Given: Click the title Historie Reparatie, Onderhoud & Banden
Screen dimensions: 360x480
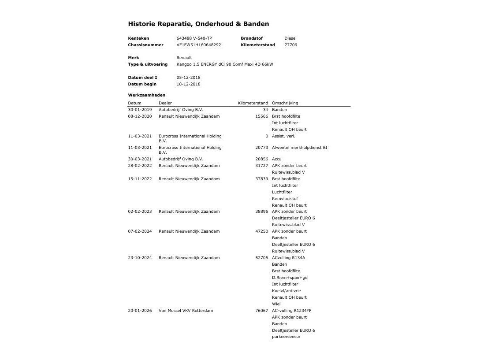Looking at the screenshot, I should pos(198,24).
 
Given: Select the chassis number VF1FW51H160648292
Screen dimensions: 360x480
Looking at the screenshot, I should pos(199,45).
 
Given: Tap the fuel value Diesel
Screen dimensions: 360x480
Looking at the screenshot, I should pos(290,38).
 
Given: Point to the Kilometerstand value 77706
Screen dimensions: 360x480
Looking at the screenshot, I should pos(290,45).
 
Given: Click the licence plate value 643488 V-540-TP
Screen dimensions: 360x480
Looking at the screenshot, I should pos(194,38).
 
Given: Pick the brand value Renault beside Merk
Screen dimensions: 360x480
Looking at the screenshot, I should pos(184,58).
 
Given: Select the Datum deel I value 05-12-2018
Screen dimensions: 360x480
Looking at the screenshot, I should pos(188,78).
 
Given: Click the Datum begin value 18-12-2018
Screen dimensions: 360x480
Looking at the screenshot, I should pos(188,84).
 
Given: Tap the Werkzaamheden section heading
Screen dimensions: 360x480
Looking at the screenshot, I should pos(147,95).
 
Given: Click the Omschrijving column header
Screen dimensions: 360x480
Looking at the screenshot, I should pos(285,103).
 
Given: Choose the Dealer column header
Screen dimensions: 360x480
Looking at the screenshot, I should pos(165,103).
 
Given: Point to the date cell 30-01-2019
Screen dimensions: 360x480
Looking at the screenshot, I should pos(140,110).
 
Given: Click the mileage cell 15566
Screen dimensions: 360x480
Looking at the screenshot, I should pos(261,116).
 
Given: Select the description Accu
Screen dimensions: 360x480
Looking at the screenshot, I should pos(276,159).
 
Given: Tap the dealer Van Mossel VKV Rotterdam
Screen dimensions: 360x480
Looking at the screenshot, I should pos(186,311).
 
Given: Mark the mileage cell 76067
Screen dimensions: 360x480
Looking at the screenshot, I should pos(261,311).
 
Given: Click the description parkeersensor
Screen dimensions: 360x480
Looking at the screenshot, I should pos(286,337).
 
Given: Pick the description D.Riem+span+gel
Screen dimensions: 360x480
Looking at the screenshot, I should pos(290,278).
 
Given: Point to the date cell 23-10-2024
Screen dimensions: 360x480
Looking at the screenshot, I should pos(140,258).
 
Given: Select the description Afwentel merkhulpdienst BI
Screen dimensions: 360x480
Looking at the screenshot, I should pos(299,148).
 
